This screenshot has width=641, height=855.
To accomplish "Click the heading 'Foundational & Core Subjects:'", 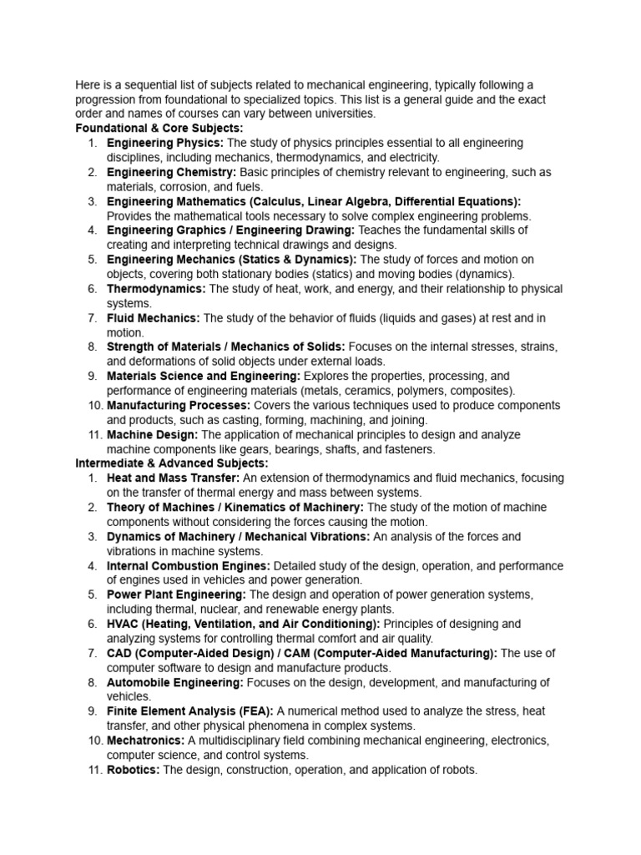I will coord(159,129).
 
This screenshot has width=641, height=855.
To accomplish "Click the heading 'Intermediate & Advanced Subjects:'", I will coord(172,463).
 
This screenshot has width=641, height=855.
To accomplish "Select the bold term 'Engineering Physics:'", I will coord(165,143).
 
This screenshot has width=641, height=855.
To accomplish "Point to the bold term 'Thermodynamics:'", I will coord(156,289).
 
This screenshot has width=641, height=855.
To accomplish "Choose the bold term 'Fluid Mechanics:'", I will coord(154,318).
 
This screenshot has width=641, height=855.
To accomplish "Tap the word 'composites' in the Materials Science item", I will coord(483,391).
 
